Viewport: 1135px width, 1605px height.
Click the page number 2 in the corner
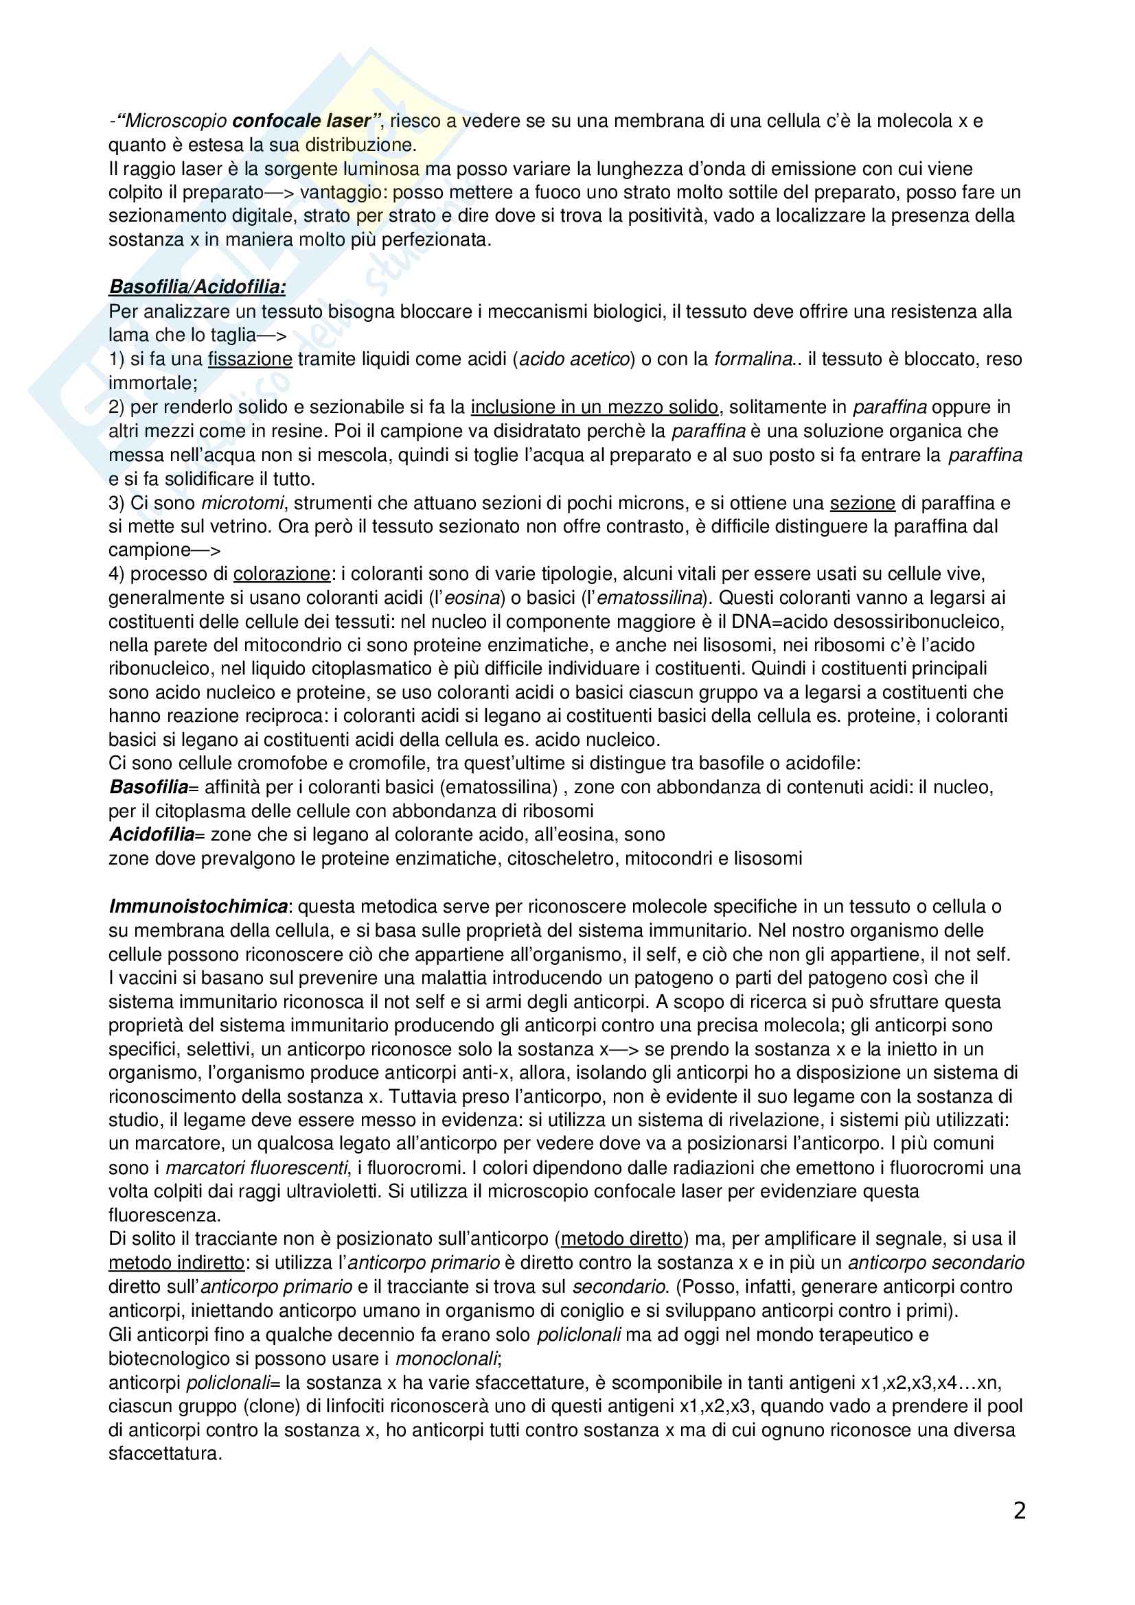pos(1019,1511)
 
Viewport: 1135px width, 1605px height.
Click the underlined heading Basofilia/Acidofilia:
pos(197,288)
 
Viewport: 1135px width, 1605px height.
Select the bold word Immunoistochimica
pos(198,906)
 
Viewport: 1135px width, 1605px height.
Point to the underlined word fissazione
pos(250,360)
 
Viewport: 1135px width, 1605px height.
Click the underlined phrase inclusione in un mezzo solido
pos(595,407)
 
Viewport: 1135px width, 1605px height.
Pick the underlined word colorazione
pos(281,574)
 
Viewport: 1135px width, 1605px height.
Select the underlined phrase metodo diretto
pos(621,1239)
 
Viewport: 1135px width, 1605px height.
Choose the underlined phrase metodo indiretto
pos(176,1263)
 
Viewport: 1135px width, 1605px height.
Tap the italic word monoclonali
pos(447,1358)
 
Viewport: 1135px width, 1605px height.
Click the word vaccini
pos(153,978)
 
